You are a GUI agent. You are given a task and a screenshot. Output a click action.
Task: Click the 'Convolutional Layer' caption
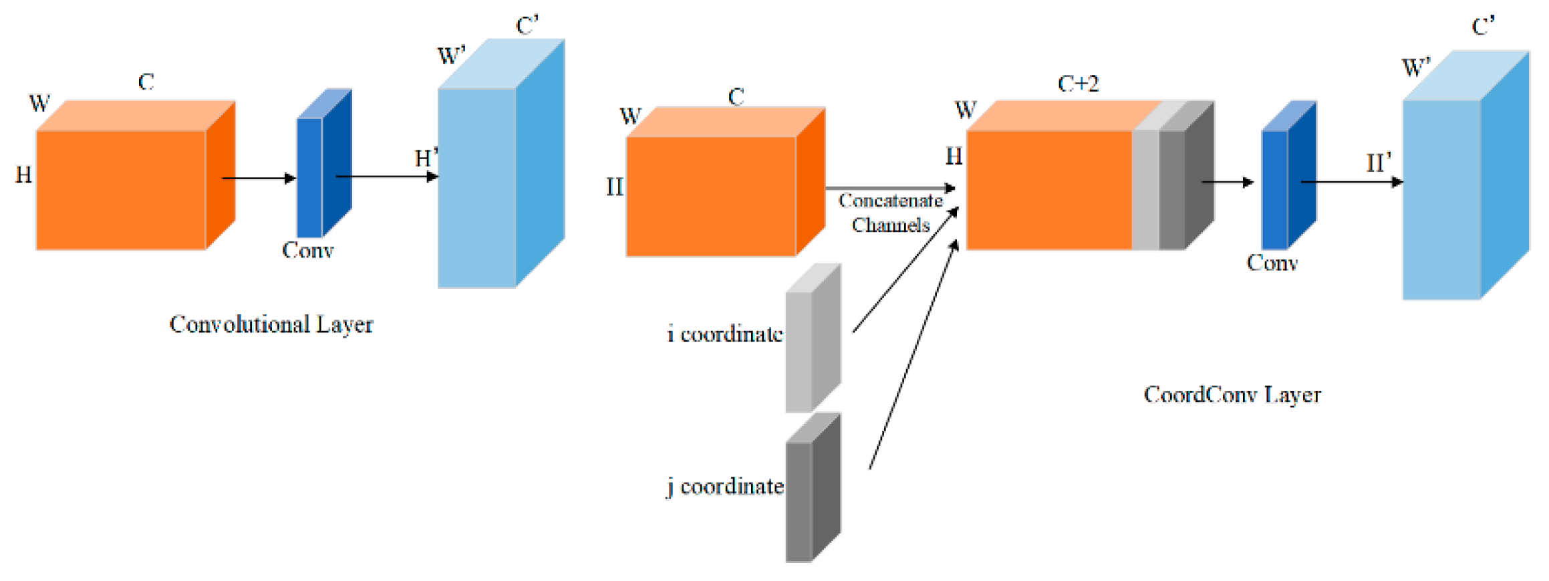click(271, 324)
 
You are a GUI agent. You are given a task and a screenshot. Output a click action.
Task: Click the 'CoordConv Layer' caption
click(1232, 394)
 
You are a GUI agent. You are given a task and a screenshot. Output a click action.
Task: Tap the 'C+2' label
click(1077, 84)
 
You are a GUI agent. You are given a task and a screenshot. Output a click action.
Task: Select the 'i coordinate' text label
click(724, 334)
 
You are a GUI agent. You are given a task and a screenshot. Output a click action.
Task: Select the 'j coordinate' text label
click(725, 486)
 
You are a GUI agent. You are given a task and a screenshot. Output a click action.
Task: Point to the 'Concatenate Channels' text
click(890, 213)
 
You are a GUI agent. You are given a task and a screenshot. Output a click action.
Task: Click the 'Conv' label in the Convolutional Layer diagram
click(307, 250)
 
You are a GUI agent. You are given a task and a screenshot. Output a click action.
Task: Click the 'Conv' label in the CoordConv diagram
click(1272, 263)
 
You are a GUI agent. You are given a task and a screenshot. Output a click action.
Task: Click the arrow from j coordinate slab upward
click(913, 354)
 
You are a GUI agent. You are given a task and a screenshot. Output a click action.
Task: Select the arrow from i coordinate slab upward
click(905, 270)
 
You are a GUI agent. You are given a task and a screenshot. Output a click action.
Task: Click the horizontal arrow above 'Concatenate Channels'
click(889, 189)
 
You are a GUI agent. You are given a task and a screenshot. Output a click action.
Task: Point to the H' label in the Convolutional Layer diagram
click(425, 158)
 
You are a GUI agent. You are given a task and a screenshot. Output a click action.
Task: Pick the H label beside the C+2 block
click(954, 156)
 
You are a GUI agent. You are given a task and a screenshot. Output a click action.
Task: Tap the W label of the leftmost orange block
click(39, 104)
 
